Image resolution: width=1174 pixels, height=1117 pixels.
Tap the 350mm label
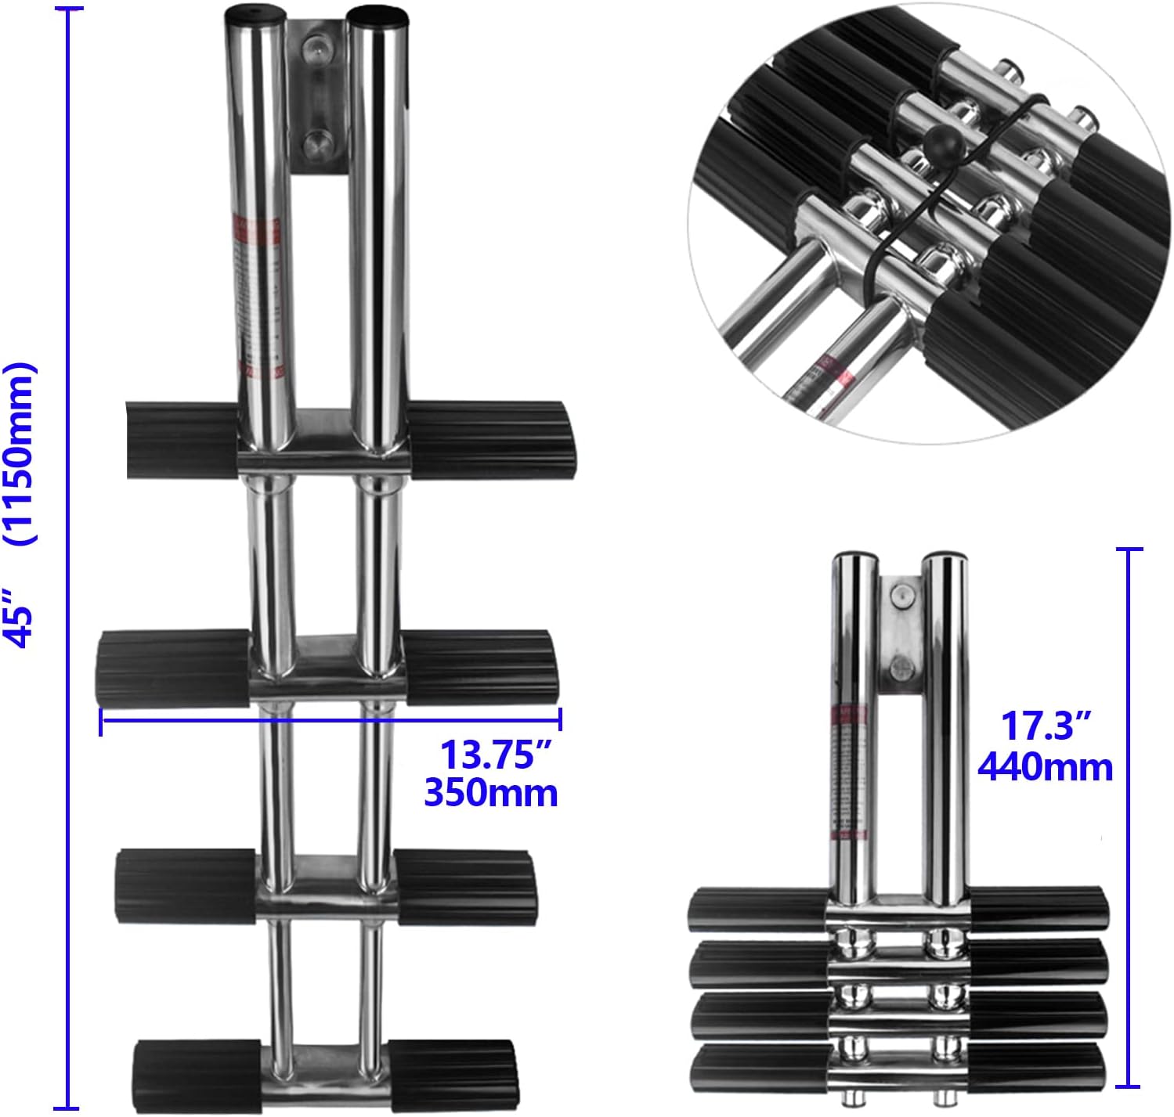pyautogui.click(x=491, y=793)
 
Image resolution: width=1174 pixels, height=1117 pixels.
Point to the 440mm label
pyautogui.click(x=1046, y=767)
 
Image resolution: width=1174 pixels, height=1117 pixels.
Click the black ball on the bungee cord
pyautogui.click(x=937, y=144)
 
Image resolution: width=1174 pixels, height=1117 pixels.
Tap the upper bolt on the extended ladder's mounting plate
pyautogui.click(x=317, y=49)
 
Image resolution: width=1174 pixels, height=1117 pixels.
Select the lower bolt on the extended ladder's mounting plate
pyautogui.click(x=317, y=142)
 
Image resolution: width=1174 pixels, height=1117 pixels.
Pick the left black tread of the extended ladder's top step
pyautogui.click(x=182, y=439)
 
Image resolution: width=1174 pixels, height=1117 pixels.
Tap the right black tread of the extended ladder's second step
pyautogui.click(x=480, y=665)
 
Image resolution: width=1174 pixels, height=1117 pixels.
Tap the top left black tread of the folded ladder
pyautogui.click(x=757, y=910)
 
